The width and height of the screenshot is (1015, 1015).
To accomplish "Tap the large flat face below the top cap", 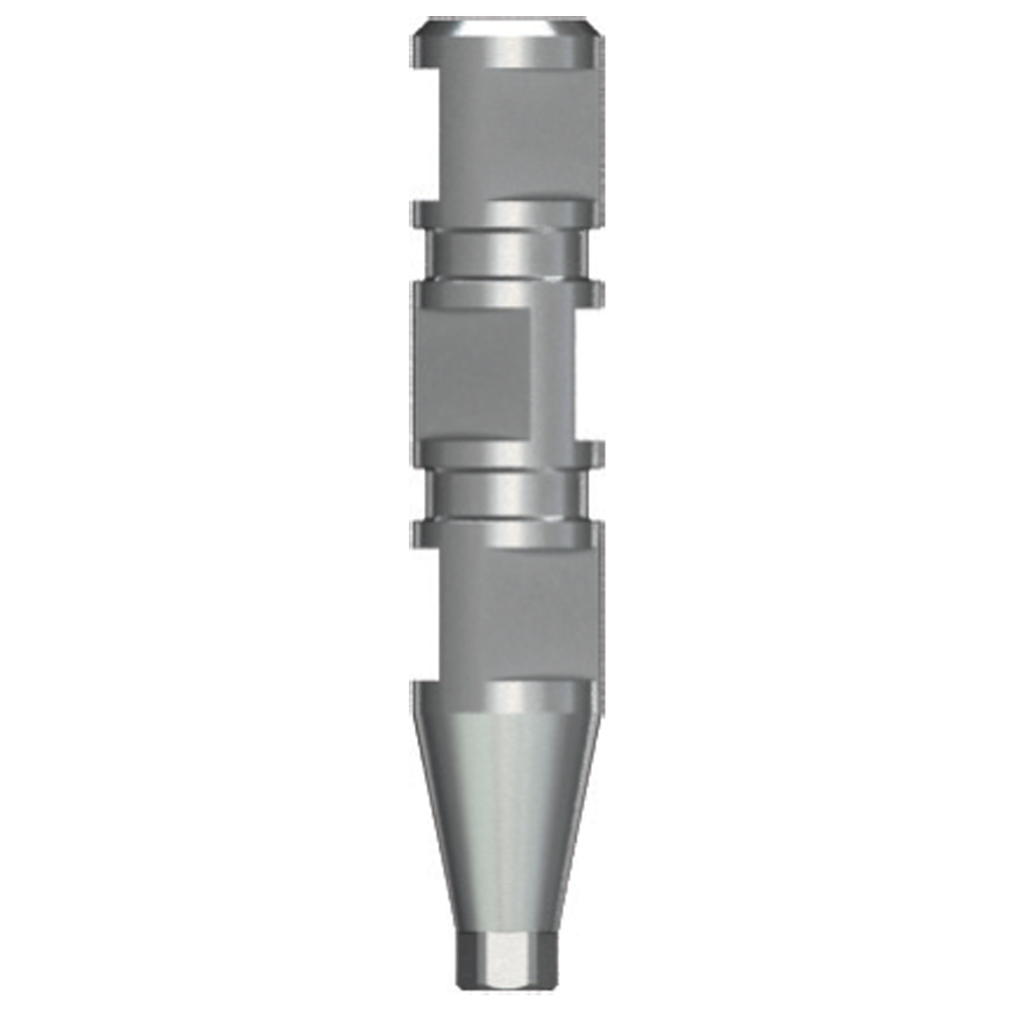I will point(517,132).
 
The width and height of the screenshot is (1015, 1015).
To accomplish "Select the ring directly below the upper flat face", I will point(507,214).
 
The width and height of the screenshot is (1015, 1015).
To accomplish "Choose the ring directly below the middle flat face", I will point(507,454).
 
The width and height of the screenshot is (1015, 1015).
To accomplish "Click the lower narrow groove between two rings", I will point(507,493).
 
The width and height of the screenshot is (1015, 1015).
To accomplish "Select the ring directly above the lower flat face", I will point(507,534).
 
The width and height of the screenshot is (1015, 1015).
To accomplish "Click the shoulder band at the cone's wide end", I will point(507,695).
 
